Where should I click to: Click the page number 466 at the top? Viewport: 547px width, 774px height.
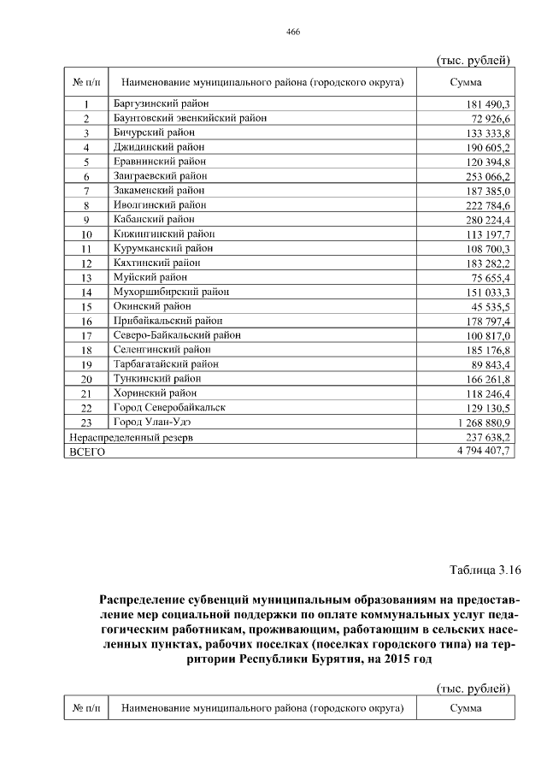292,32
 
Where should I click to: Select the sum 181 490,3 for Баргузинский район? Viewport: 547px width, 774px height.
485,103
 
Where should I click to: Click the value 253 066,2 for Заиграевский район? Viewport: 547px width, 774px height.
485,176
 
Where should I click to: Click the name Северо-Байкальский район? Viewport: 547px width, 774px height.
177,335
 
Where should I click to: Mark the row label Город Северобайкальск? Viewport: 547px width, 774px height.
169,408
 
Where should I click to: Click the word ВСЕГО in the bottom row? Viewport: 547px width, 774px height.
86,452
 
